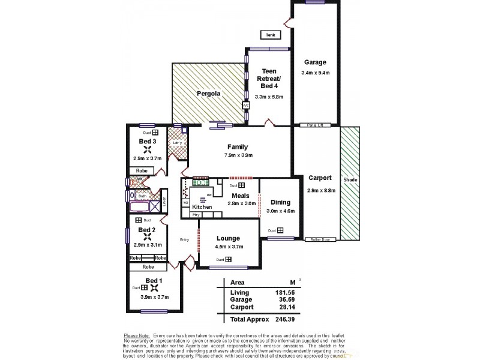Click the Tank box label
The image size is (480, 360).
[270, 35]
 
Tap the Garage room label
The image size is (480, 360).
[315, 62]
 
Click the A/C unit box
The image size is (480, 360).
[245, 106]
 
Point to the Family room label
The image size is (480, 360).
[238, 147]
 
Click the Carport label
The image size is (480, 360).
[320, 178]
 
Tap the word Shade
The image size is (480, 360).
[350, 179]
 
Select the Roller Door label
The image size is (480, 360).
[320, 239]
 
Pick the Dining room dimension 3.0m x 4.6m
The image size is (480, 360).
[280, 211]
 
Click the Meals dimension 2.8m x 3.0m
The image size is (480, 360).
[242, 203]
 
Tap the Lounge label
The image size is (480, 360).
[229, 238]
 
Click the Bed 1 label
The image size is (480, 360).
[154, 280]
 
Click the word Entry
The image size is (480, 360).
[184, 240]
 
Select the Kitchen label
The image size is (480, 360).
[202, 207]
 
